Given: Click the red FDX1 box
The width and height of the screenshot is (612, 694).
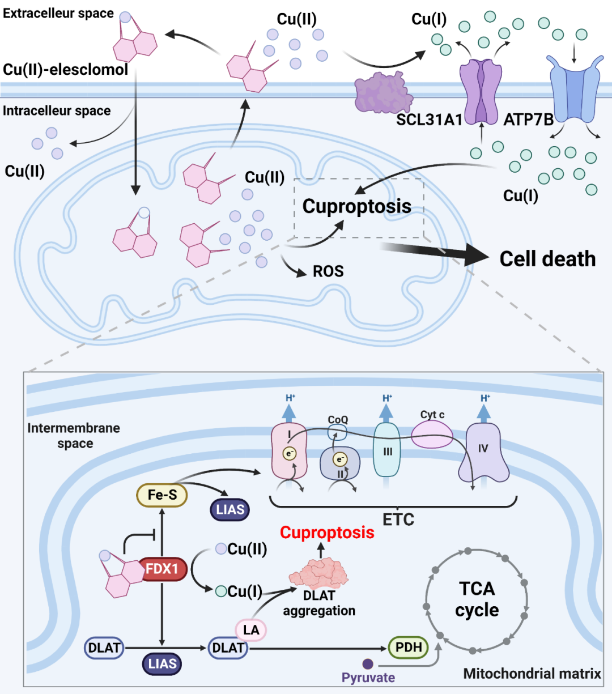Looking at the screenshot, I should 162,568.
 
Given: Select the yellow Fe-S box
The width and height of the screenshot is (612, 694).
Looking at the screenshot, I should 162,495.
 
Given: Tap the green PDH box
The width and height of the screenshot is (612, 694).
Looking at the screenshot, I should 409,648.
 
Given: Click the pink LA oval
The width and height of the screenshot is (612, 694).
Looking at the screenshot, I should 250,630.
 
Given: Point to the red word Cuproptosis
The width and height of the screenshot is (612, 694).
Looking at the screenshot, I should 327,533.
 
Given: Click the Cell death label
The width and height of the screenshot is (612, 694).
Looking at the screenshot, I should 547,259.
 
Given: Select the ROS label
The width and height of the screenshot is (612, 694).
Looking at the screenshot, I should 328,271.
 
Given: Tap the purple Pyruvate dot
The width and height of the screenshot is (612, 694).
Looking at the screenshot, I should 368,663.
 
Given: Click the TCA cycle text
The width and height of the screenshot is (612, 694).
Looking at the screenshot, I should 477,599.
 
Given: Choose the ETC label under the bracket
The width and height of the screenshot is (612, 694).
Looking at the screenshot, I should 398,519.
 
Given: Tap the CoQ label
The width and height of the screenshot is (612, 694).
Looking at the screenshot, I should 338,420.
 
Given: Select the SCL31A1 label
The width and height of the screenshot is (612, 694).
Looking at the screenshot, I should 429,120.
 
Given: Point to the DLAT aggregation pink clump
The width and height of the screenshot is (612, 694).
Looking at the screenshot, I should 318,573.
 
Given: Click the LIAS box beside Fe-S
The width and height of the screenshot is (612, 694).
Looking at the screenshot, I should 229,509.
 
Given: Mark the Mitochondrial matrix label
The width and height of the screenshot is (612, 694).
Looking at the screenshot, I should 532,674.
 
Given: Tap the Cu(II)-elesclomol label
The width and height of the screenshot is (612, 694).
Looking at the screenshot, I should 66,70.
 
